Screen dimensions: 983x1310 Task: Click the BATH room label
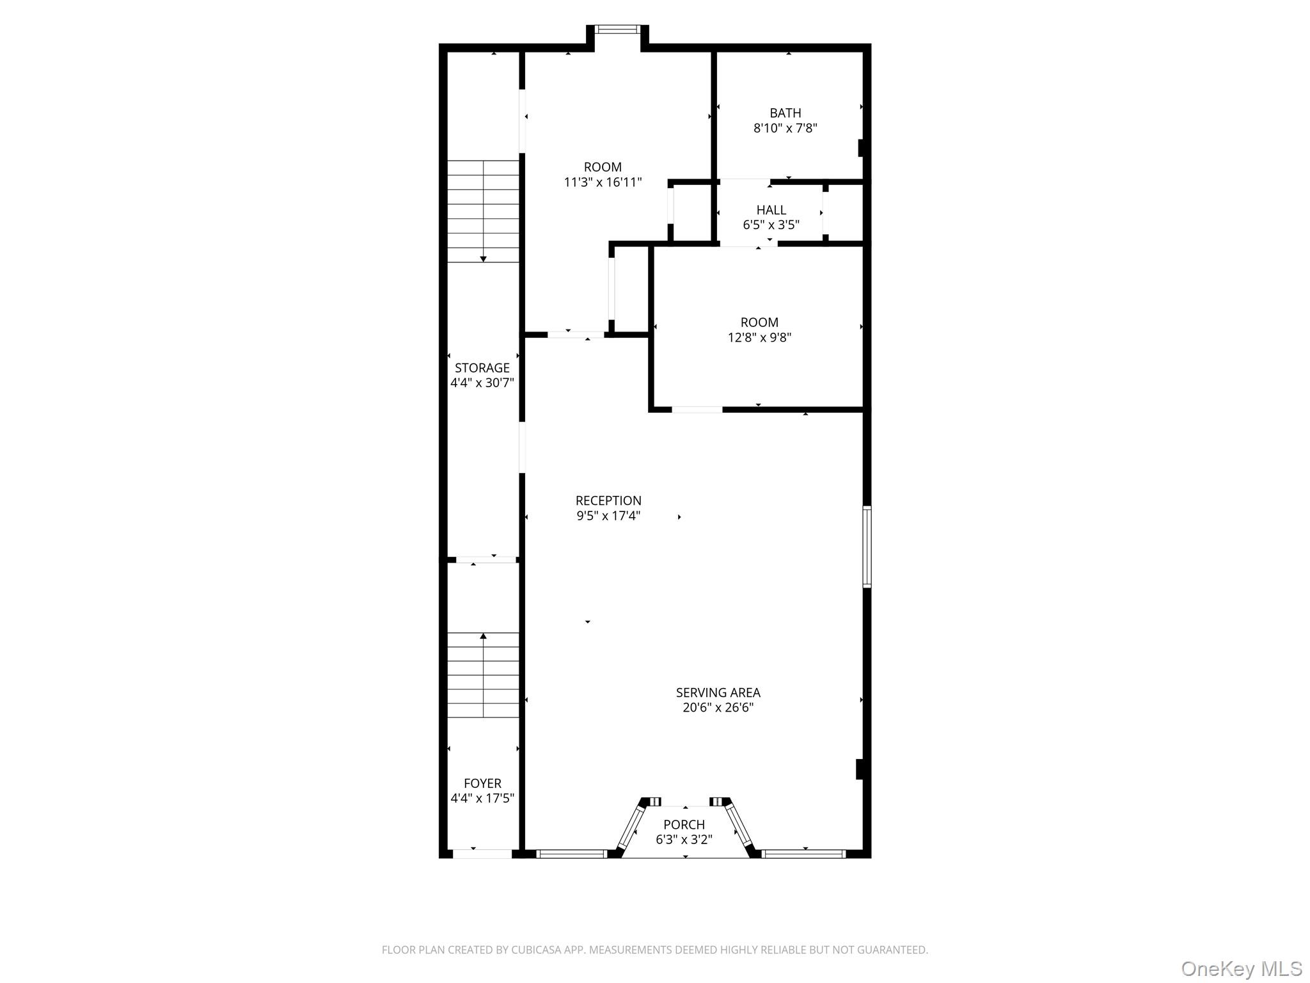tap(785, 113)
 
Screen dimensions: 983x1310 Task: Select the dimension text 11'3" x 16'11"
tap(603, 182)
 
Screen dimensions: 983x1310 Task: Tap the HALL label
tap(771, 210)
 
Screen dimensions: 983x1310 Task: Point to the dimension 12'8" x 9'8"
tap(759, 337)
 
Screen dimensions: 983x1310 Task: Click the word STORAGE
tap(482, 368)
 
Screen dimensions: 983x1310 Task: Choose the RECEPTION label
tap(608, 500)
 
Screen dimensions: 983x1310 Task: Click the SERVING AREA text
tap(718, 692)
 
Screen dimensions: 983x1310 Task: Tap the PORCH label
tap(684, 824)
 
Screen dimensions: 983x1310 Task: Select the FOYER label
tap(482, 783)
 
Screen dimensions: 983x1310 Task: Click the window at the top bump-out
tap(617, 29)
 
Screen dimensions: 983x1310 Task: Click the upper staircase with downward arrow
tap(483, 211)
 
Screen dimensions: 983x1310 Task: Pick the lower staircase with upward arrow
tap(483, 675)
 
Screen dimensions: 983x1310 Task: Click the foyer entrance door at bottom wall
tap(482, 854)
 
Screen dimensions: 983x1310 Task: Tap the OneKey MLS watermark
tap(1241, 968)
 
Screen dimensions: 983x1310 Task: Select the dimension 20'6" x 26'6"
tap(718, 708)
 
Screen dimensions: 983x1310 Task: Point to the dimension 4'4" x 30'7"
tap(482, 383)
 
